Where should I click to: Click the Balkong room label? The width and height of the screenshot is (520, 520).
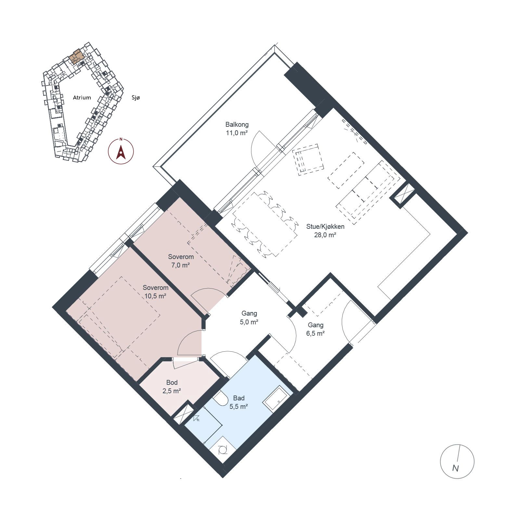(237, 124)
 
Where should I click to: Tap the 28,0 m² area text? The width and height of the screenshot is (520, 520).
(325, 235)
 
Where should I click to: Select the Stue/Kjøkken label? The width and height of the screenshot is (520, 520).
(325, 227)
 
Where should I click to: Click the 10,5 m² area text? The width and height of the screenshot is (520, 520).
(155, 296)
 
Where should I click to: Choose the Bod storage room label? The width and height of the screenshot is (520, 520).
(172, 383)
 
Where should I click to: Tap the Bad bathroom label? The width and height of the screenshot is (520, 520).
(239, 398)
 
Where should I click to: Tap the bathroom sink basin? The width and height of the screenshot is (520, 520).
(276, 399)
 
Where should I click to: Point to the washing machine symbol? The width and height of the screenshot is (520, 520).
(223, 450)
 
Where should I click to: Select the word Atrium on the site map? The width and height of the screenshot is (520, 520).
(82, 97)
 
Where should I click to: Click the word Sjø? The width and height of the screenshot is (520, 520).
(136, 97)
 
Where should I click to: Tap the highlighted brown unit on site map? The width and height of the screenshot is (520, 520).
(77, 57)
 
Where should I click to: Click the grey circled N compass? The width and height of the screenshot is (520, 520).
(457, 461)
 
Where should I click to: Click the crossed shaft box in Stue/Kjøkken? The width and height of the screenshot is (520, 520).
(403, 195)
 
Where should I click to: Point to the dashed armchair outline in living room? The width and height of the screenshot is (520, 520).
(308, 160)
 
